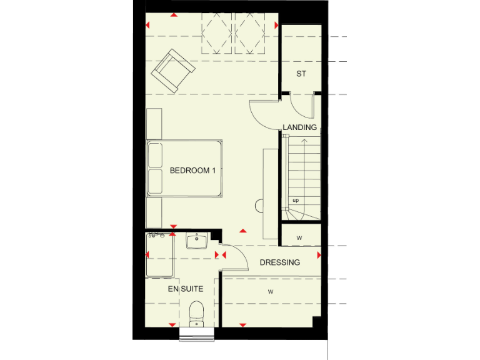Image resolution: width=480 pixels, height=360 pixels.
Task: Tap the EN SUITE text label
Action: point(186,289)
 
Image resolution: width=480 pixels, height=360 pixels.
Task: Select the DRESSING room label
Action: point(279,262)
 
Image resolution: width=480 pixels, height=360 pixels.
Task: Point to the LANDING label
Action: point(300,127)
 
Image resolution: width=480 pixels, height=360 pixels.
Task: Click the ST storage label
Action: point(301,74)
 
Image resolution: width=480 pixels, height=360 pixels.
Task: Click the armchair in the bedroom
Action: point(170,70)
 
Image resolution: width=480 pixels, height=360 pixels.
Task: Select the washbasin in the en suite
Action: point(197,241)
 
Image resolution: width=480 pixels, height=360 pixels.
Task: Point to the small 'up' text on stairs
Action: point(296,201)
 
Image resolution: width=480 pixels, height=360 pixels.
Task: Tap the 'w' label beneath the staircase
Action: point(299,237)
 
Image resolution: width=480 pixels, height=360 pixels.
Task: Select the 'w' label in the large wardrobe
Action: point(271,291)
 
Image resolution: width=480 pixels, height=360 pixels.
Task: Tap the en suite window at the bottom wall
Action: point(196,334)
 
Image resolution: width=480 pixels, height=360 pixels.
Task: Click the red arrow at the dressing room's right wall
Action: point(319,255)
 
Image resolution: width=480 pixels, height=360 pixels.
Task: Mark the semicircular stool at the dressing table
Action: point(259,204)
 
